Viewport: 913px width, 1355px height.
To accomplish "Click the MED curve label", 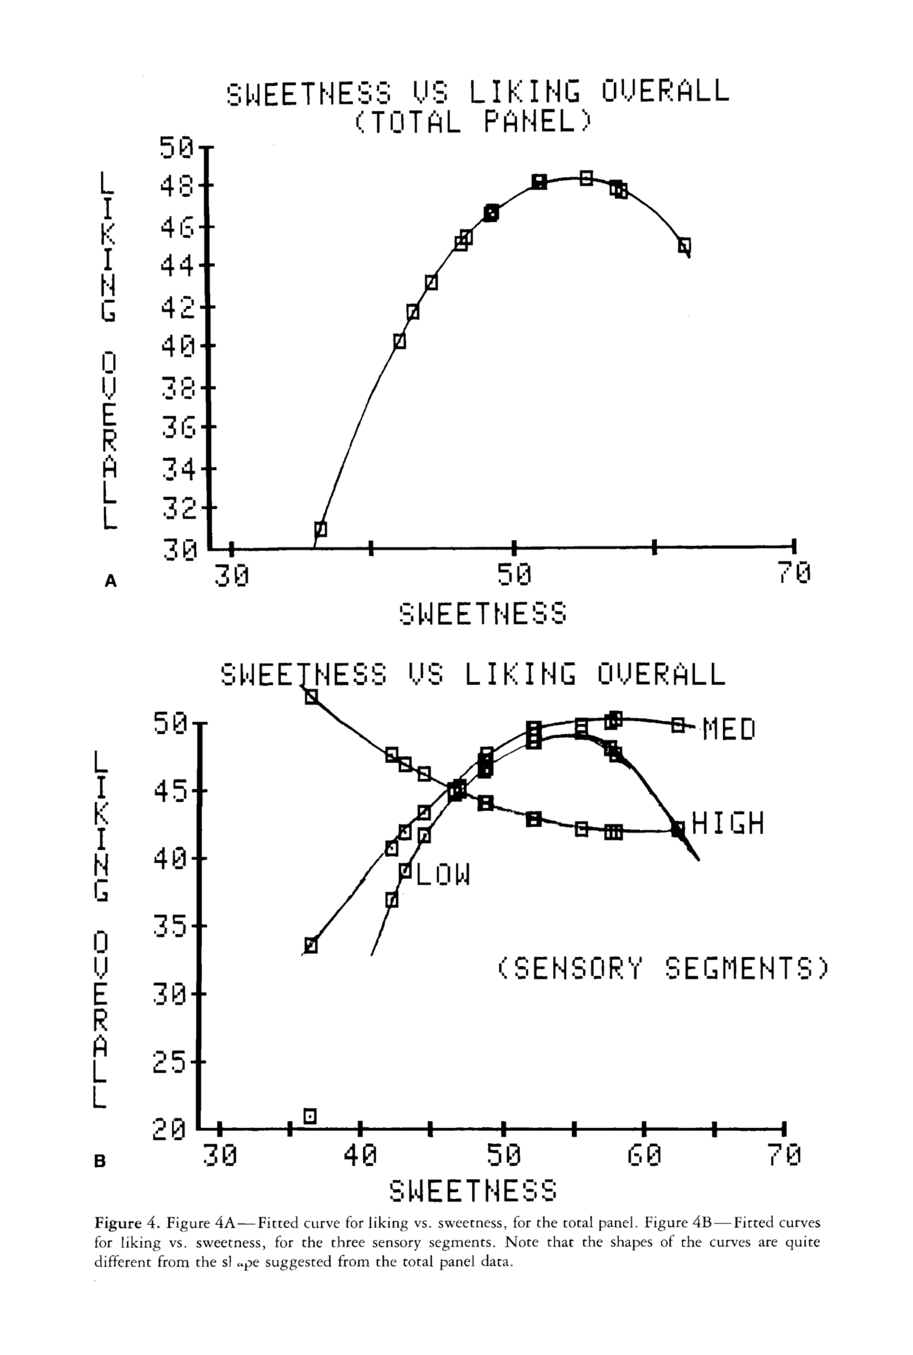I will pyautogui.click(x=729, y=729).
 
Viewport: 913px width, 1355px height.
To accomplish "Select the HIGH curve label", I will pyautogui.click(x=728, y=823).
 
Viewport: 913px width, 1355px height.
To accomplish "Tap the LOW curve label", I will pyautogui.click(x=443, y=874).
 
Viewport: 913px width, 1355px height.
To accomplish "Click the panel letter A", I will pyautogui.click(x=110, y=581).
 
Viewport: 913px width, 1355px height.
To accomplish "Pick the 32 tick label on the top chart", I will pyautogui.click(x=179, y=509).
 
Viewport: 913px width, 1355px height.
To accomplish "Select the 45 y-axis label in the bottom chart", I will pyautogui.click(x=171, y=791).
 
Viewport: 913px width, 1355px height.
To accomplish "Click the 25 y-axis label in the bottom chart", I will pyautogui.click(x=170, y=1063).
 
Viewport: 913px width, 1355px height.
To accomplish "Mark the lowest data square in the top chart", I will pyautogui.click(x=320, y=529).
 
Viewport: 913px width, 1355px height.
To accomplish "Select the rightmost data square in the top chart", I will pyautogui.click(x=685, y=245).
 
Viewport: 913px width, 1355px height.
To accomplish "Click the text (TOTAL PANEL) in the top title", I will pyautogui.click(x=472, y=122).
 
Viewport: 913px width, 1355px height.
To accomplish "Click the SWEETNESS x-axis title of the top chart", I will pyautogui.click(x=483, y=614).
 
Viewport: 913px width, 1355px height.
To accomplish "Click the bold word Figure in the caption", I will pyautogui.click(x=118, y=1222).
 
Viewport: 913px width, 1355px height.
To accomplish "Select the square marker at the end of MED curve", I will pyautogui.click(x=678, y=725).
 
